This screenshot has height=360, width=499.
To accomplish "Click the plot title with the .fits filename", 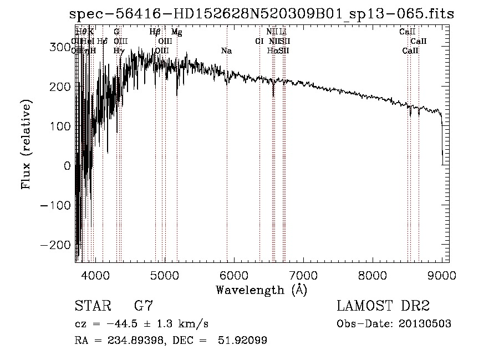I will click(x=261, y=14).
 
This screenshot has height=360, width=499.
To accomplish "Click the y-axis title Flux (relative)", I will click(x=27, y=144).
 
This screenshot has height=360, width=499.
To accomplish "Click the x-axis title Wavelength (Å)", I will click(x=261, y=290).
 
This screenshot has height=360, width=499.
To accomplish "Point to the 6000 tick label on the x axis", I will click(x=233, y=275).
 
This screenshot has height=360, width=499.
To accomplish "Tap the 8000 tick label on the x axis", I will click(x=373, y=275).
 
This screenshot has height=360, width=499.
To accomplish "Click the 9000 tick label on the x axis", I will click(x=442, y=275).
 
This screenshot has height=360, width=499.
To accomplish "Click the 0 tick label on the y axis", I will click(x=68, y=166).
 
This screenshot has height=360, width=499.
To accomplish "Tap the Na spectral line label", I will click(x=226, y=50).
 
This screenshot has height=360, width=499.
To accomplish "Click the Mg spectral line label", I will click(x=176, y=32).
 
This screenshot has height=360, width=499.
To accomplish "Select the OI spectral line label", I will click(x=259, y=41).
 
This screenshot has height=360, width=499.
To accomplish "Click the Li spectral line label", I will click(x=283, y=32).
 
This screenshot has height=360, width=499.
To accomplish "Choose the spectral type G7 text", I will click(x=144, y=306).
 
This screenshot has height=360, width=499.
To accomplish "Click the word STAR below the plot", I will click(x=92, y=306).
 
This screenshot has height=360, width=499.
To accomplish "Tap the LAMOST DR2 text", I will click(x=383, y=306).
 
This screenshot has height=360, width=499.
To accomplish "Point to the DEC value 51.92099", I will click(x=244, y=341).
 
